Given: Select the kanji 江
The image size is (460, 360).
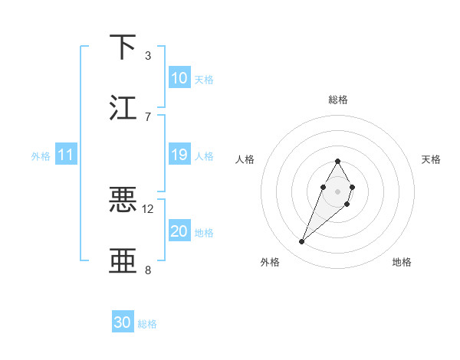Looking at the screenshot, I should pos(123,107).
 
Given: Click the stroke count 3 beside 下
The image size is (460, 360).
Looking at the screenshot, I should pos(147,55).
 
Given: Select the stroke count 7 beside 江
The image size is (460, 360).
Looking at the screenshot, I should pos(147,116).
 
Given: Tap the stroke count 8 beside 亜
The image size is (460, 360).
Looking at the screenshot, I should pos(147,270).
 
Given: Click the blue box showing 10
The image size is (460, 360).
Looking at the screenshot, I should pos(179,78).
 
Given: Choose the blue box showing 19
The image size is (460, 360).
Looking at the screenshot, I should pos(179,155).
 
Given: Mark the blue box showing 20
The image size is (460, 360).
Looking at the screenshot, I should pos(179,231).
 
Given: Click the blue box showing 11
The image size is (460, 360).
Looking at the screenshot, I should pos(66,155).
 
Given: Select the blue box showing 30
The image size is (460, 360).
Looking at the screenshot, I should pos(123,322).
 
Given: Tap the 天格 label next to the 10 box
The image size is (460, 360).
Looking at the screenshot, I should pos(204,79).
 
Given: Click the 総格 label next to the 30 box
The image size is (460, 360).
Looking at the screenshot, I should pos(147,324).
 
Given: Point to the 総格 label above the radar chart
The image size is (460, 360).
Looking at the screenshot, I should pos(337,100).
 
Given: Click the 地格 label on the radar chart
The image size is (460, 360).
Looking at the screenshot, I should pos(402,262).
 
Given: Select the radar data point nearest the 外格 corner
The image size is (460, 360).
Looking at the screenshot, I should pos(302,242).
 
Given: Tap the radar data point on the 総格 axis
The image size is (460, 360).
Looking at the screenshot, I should pos(337,161).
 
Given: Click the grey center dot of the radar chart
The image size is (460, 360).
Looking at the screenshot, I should pos(337,190).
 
